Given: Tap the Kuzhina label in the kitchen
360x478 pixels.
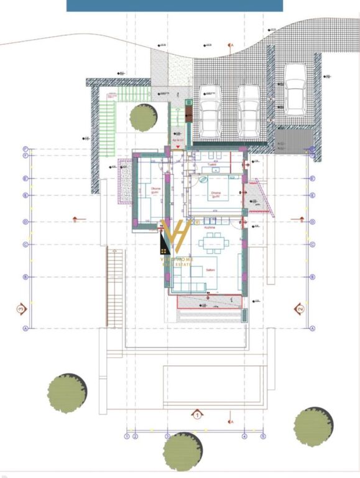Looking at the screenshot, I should click(210, 228).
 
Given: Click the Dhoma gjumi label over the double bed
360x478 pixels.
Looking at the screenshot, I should click(216, 194).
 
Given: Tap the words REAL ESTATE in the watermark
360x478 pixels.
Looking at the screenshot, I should click(177, 265).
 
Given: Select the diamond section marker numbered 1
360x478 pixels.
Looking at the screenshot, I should click(196, 413).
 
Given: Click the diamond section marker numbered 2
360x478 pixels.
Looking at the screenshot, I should click(300, 308).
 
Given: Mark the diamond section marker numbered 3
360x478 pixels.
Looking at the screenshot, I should click(21, 308).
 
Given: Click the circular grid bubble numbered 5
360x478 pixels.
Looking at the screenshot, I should click(263, 437).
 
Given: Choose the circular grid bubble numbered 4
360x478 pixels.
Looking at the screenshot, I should click(244, 437).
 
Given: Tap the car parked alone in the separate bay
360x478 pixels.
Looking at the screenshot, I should click(294, 88).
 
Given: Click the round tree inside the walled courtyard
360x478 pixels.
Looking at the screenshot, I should click(144, 117).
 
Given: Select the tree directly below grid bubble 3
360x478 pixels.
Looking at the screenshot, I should click(183, 451).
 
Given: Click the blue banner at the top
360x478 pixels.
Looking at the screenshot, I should click(174, 6).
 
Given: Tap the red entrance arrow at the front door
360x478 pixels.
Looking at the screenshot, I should click(179, 148).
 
